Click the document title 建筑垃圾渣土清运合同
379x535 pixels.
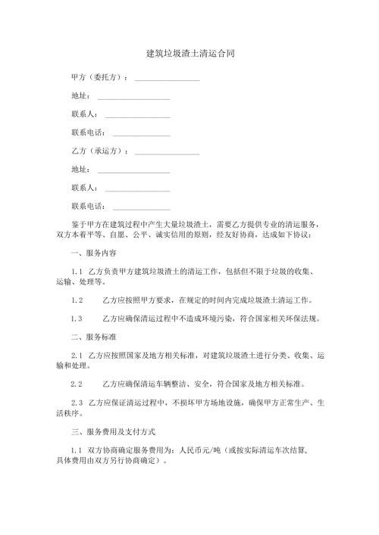click(189, 54)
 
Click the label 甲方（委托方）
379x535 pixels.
click(99, 77)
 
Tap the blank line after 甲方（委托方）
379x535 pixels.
click(168, 79)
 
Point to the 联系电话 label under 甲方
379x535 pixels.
click(87, 132)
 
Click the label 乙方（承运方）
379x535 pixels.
click(99, 151)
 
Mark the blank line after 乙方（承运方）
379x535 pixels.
click(168, 152)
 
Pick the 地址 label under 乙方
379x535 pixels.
click(80, 169)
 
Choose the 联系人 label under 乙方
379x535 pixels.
click(83, 188)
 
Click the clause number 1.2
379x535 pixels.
click(76, 300)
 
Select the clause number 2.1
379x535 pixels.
click(76, 354)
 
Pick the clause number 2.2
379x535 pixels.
click(76, 383)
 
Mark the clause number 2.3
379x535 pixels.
click(76, 402)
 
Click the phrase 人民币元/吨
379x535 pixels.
click(208, 449)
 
